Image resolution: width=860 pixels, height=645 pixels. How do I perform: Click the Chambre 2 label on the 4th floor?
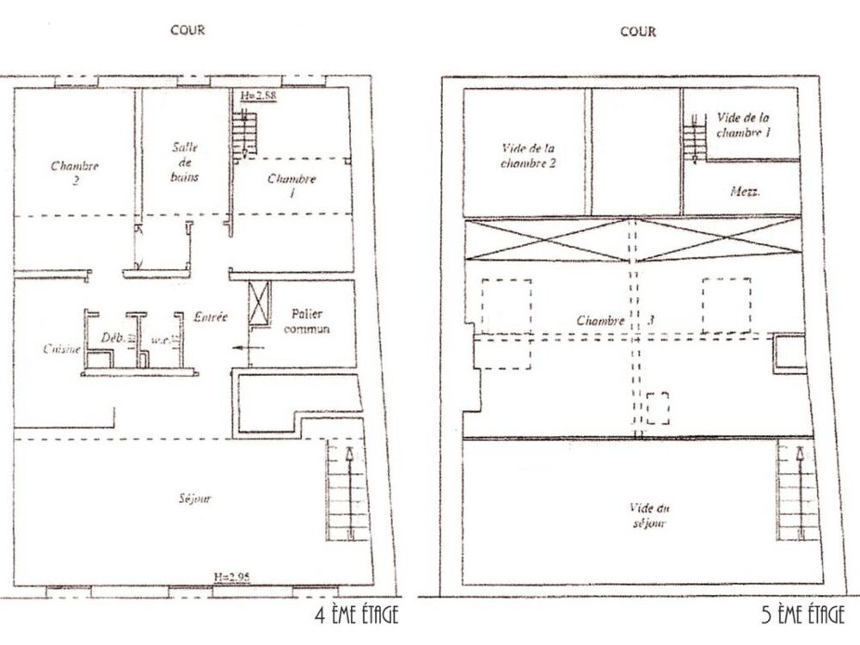tap(76, 173)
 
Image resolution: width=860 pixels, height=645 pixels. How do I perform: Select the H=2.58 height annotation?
tap(257, 96)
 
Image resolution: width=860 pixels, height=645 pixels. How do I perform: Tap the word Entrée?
tap(211, 316)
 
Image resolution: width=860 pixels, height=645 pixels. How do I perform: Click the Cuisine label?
tap(61, 348)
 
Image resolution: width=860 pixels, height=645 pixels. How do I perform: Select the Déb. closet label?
tap(113, 339)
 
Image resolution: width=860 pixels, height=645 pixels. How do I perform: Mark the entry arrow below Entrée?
tap(246, 349)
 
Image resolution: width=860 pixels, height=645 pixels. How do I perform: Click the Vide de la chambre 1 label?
tap(743, 126)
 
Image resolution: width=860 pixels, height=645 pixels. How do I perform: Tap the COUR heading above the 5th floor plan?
tap(638, 32)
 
